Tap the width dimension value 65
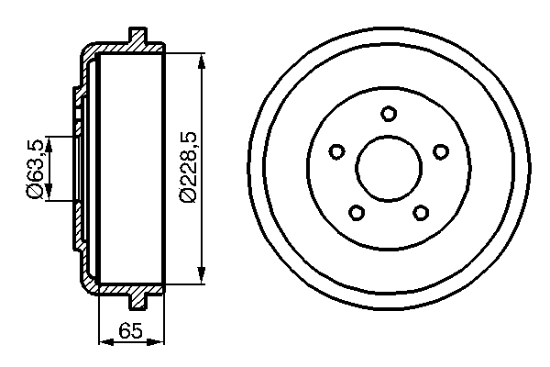coord(129,331)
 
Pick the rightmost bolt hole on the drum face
coord(441,151)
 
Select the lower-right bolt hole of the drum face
coord(421,213)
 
